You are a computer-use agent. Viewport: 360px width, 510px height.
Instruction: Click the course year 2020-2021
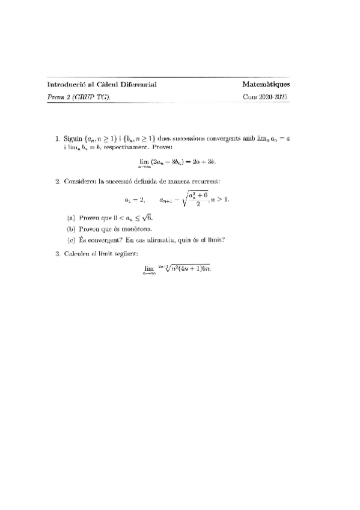pyautogui.click(x=275, y=96)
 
